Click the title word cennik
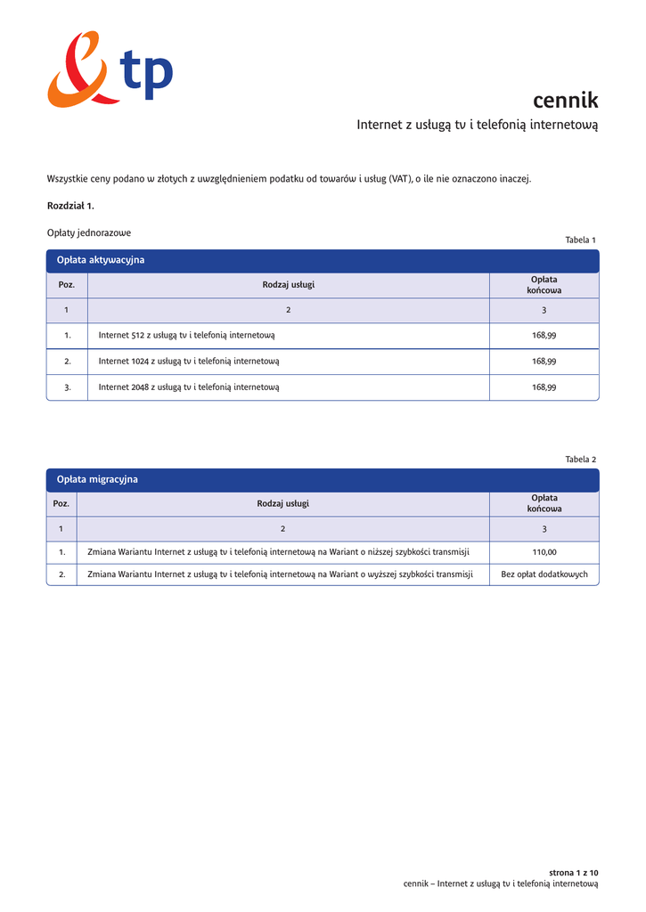(565, 100)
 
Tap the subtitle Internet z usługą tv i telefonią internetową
(477, 125)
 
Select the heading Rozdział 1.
(70, 206)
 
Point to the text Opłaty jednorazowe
(89, 232)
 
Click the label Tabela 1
(580, 240)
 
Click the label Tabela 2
(580, 459)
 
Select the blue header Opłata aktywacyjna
(101, 260)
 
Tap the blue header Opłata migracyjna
(97, 479)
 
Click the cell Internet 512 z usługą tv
(186, 336)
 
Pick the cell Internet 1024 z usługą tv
(189, 361)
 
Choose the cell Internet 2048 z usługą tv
(189, 387)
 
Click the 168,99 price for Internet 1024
(544, 361)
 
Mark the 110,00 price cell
(544, 552)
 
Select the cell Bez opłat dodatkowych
(544, 574)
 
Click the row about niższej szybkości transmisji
(278, 552)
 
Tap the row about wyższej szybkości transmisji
(278, 574)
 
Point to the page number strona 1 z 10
(573, 872)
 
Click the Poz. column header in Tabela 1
(67, 285)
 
